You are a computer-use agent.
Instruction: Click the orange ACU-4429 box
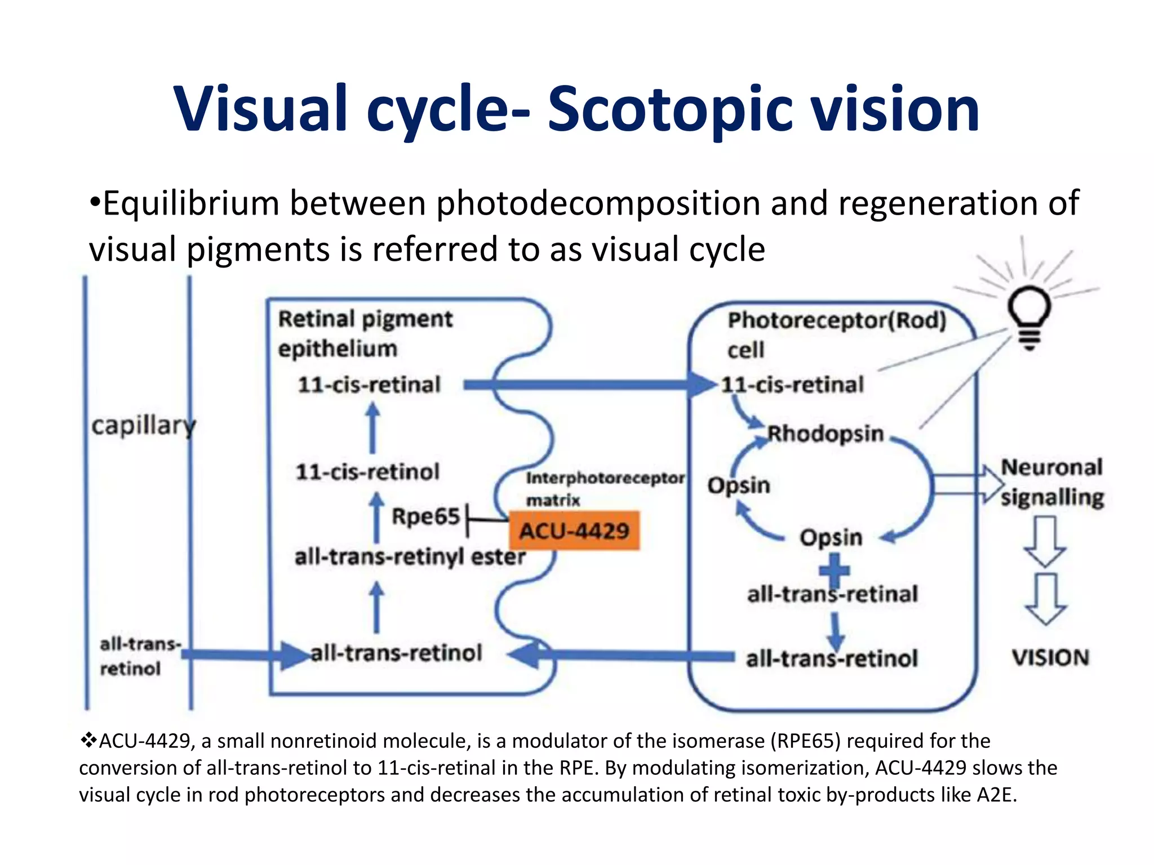[x=574, y=530]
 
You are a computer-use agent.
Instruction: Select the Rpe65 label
[x=426, y=516]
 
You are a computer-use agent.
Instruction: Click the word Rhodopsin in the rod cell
[x=825, y=434]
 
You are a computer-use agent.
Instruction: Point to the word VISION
[x=1050, y=658]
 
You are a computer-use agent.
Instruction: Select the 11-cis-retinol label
[x=367, y=472]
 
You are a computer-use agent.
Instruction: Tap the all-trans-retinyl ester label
[x=410, y=556]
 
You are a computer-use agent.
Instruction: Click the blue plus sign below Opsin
[x=834, y=570]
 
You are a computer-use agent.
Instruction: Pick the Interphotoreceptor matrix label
[x=605, y=488]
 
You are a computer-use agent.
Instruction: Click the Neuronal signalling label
[x=1051, y=482]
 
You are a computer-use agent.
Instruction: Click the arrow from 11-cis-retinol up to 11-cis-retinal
[x=372, y=428]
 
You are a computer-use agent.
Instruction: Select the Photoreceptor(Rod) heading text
[x=837, y=320]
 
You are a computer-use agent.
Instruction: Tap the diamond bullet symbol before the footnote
[x=88, y=741]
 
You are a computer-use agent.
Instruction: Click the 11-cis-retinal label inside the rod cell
[x=792, y=385]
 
